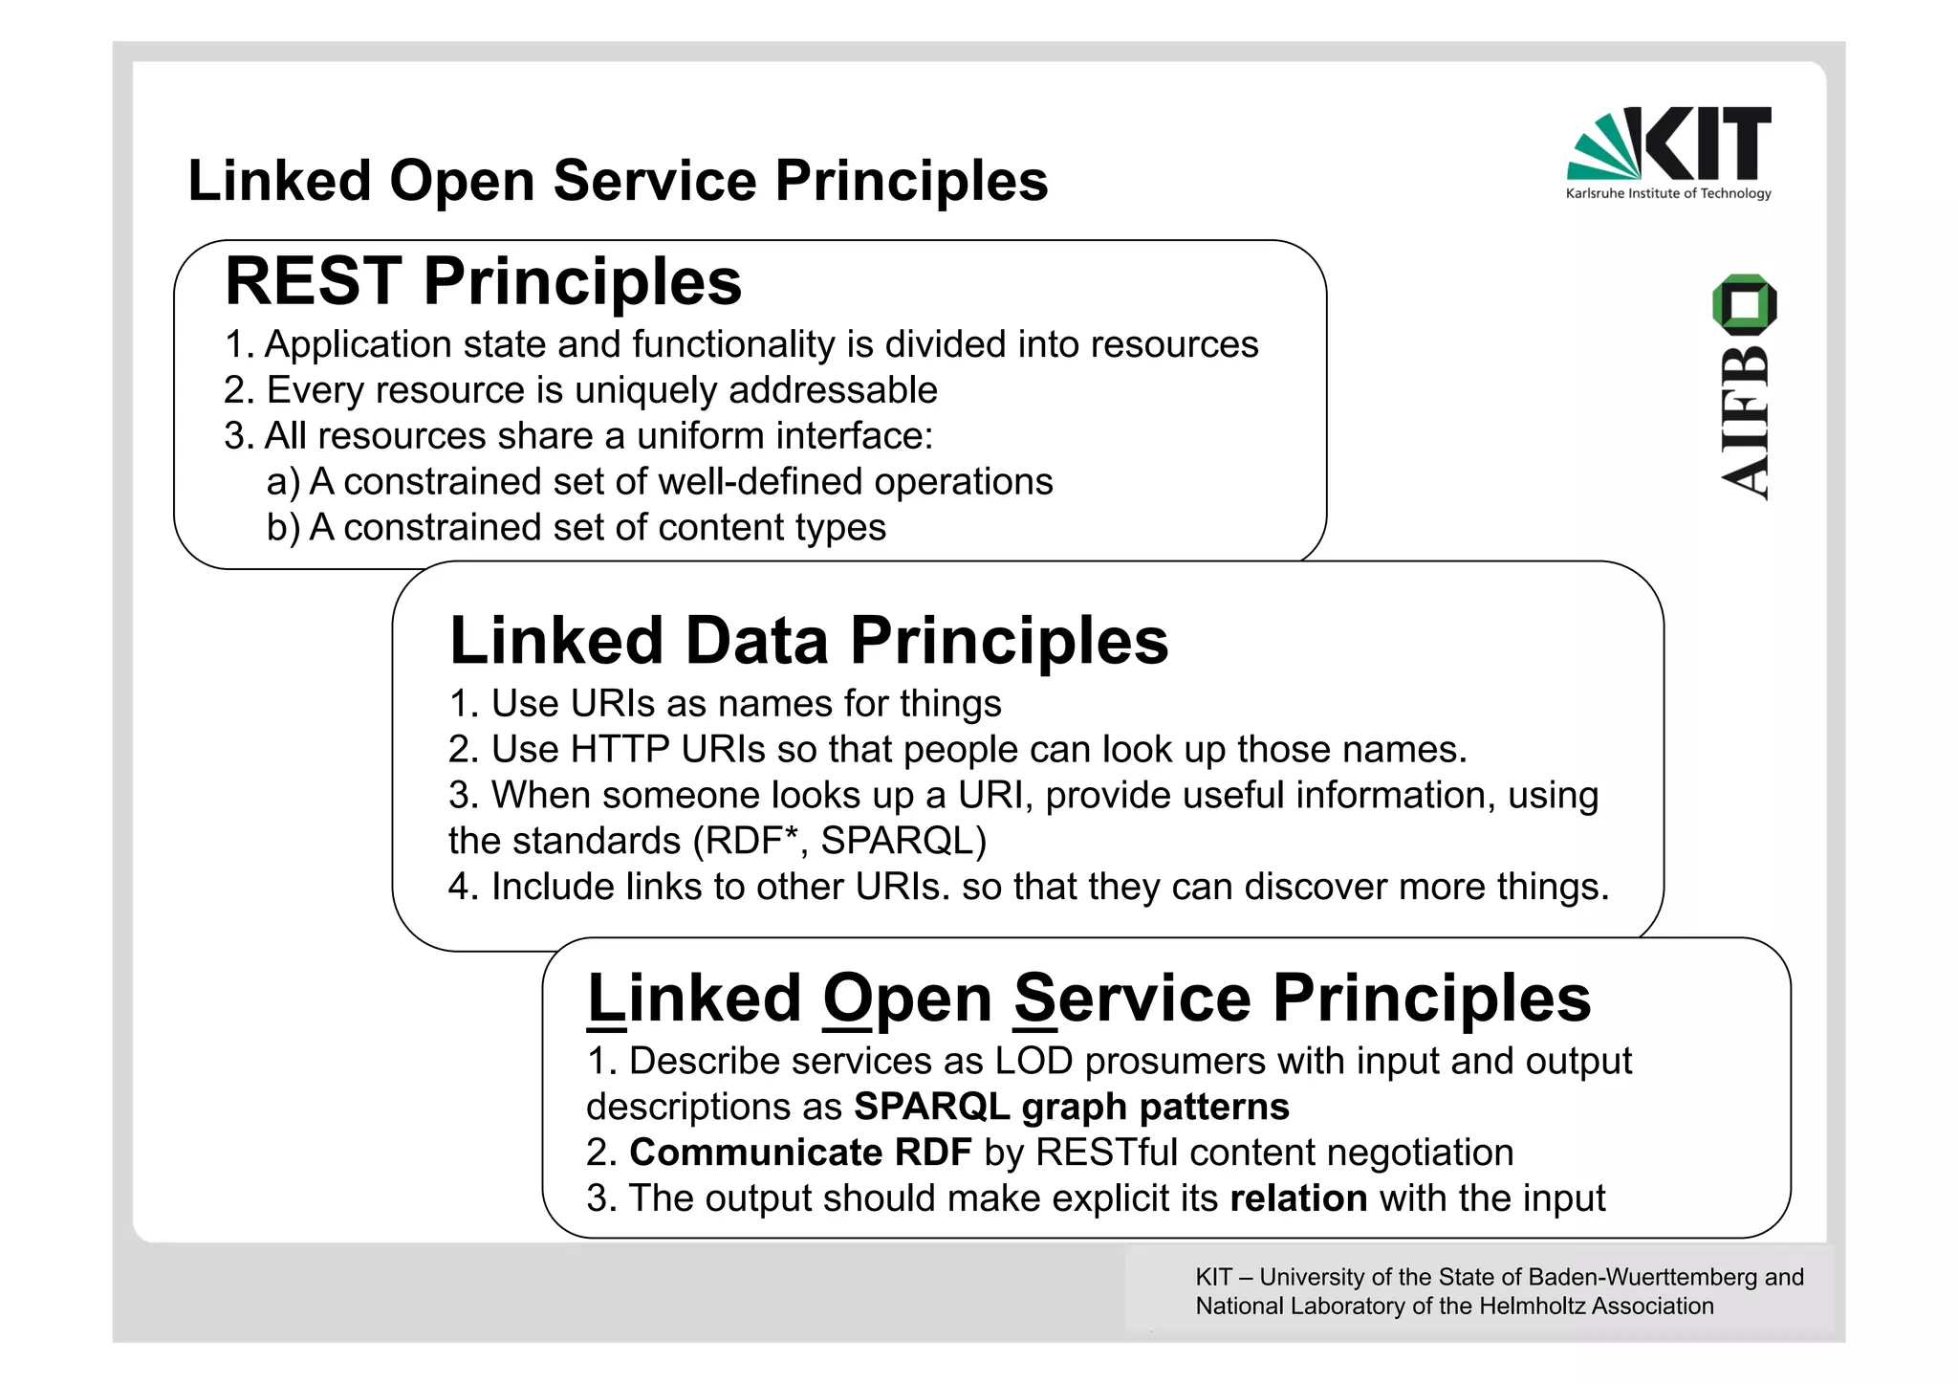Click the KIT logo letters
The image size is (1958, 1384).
point(1707,143)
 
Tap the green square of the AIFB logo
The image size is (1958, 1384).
point(1745,304)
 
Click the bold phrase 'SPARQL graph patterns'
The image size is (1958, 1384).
point(1071,1107)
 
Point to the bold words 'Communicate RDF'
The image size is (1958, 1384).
point(800,1153)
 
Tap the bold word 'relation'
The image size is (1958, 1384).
point(1298,1198)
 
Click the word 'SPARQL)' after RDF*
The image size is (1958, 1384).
point(903,841)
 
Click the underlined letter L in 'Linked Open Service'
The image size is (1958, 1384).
point(605,1000)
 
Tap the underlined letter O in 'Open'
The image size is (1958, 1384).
point(847,1000)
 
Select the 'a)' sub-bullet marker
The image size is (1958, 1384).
point(283,482)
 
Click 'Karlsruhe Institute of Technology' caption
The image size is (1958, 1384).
point(1668,193)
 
